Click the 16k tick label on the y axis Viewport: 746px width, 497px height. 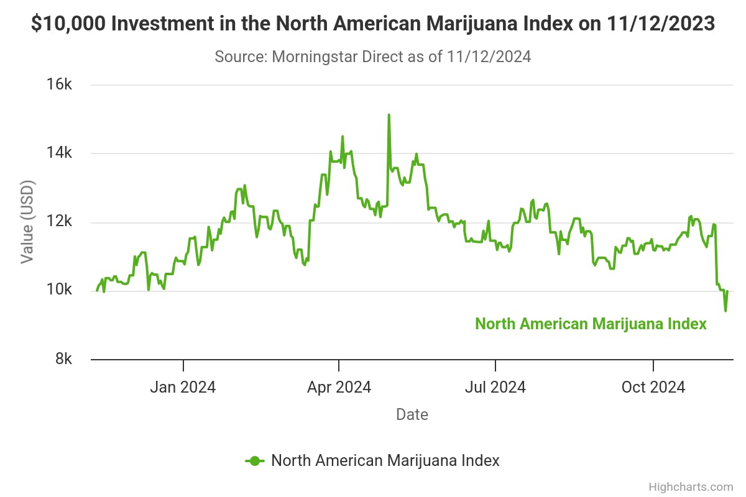pos(60,85)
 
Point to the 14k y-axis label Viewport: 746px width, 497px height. pos(60,153)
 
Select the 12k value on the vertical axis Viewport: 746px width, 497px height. pos(60,222)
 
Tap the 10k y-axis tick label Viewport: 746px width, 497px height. pos(60,291)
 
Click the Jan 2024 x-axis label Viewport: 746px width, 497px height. pos(183,387)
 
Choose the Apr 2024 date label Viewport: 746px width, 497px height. pos(339,387)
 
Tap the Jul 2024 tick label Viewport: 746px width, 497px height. pos(495,387)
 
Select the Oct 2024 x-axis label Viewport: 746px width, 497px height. pos(653,387)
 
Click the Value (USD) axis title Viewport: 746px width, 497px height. pos(27,222)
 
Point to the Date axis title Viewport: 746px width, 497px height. pos(412,414)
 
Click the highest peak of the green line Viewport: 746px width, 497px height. pos(389,115)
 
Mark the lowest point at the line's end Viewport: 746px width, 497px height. pos(725,311)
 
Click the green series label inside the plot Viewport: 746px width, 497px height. pos(591,324)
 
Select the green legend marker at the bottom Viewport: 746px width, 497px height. pos(255,460)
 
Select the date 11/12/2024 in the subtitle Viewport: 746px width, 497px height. pos(487,57)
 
